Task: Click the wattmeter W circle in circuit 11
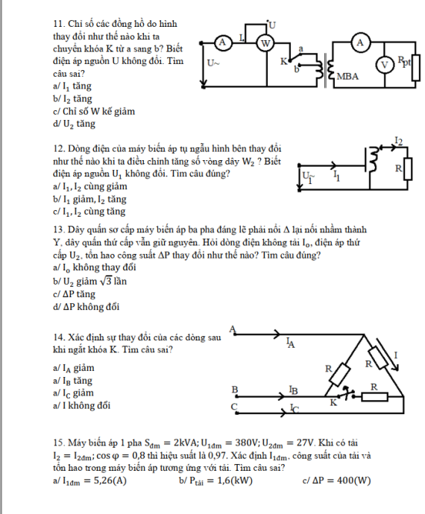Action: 265,43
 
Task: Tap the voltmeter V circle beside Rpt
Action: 385,65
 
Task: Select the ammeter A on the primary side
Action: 222,42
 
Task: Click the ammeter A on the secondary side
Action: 360,43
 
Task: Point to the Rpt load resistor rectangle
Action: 416,68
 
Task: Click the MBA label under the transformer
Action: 347,77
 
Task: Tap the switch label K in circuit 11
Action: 283,62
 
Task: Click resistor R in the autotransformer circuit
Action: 408,169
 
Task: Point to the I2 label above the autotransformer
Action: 398,141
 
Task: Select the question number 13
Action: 58,229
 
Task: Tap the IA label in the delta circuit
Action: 291,343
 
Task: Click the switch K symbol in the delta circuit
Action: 347,393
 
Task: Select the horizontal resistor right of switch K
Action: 374,397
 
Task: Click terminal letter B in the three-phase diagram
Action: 235,390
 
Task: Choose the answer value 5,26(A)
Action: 110,480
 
